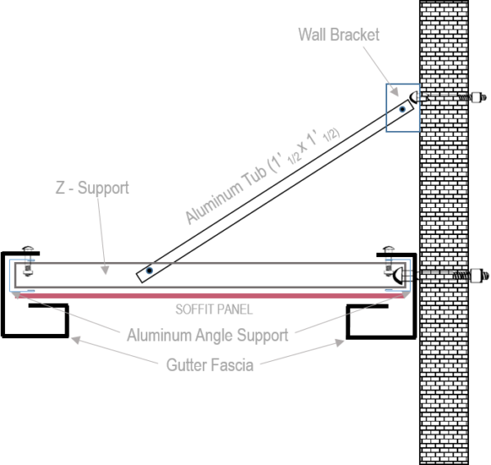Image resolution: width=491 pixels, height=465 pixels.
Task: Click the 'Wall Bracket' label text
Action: [338, 34]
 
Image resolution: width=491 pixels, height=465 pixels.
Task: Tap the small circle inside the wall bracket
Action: [401, 109]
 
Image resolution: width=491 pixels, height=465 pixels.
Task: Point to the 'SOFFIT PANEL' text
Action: [214, 310]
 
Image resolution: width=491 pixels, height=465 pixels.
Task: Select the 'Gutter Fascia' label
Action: [209, 365]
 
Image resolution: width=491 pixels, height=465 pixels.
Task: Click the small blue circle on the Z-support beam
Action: [148, 269]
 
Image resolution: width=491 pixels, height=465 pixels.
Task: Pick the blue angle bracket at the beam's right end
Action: [399, 275]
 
